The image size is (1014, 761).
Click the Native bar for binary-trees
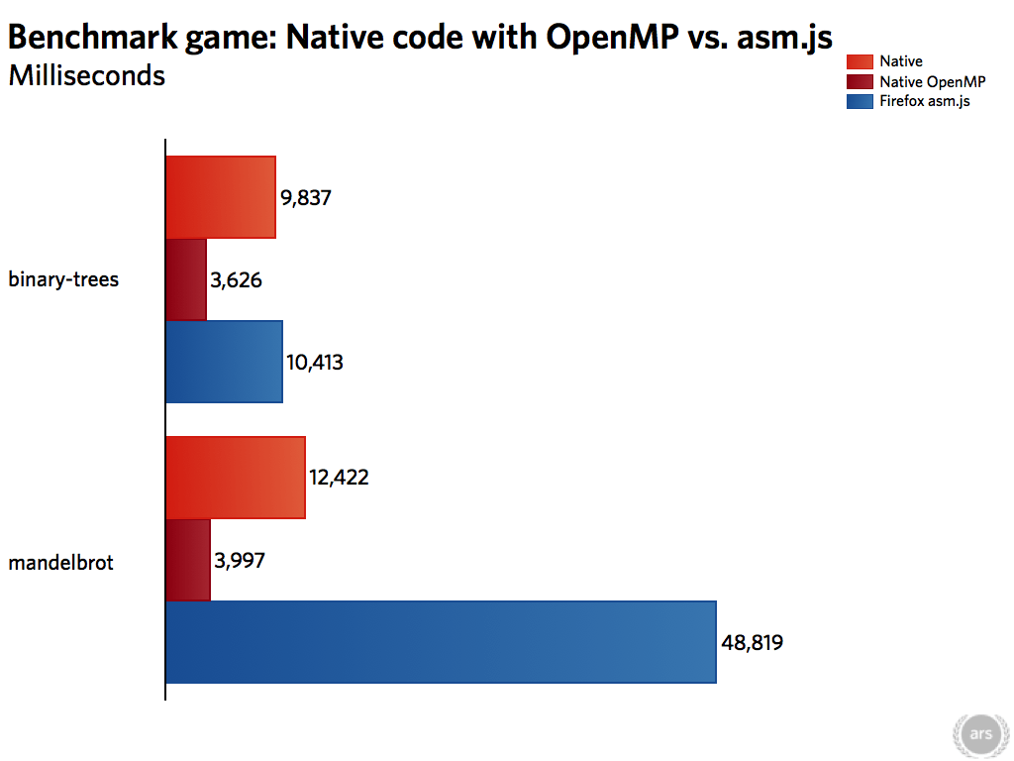click(x=220, y=197)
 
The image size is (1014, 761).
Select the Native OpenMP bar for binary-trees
click(x=186, y=279)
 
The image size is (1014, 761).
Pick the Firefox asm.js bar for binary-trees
click(x=224, y=362)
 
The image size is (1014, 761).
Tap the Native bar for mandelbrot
click(x=235, y=478)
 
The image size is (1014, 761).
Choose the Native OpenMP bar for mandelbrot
click(x=188, y=560)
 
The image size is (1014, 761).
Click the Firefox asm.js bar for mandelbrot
click(x=440, y=642)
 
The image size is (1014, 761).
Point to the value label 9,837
click(x=306, y=198)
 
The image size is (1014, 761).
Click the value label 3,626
click(x=236, y=280)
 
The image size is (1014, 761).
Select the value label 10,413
click(x=315, y=363)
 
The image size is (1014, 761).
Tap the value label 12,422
click(x=339, y=478)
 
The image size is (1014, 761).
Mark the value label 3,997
click(x=240, y=561)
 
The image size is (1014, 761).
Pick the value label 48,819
click(x=752, y=643)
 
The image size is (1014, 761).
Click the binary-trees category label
click(x=63, y=279)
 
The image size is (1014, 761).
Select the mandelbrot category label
click(x=60, y=563)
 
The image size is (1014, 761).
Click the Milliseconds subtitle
click(x=87, y=75)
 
